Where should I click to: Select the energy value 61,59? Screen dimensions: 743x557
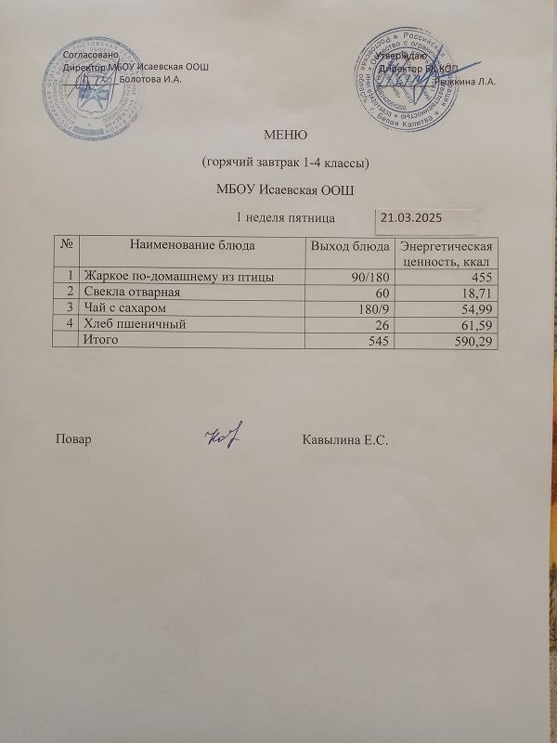click(x=476, y=324)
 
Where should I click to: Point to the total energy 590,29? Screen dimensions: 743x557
click(x=473, y=341)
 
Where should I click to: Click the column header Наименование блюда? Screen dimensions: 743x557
click(x=191, y=245)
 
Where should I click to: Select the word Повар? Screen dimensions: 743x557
click(x=73, y=438)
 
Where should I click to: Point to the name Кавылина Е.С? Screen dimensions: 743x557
click(x=343, y=438)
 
